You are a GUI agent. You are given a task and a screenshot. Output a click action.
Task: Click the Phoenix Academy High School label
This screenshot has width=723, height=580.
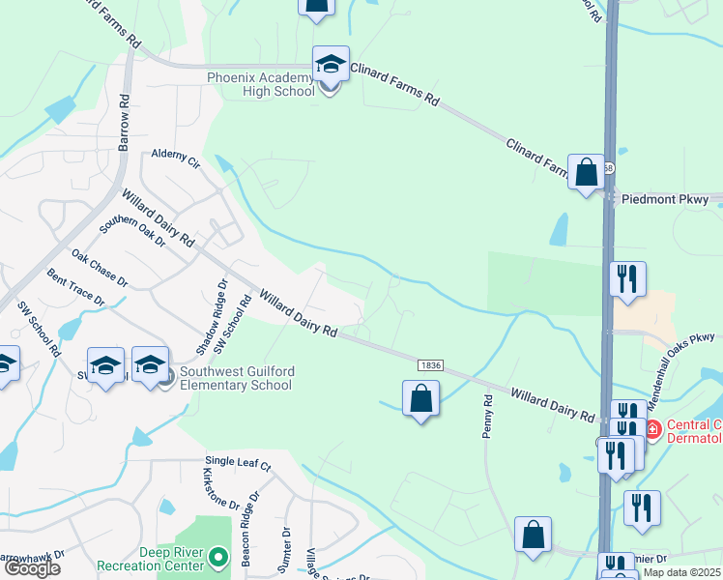tap(261, 84)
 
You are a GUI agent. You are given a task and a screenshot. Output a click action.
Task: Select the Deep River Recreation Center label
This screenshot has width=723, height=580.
tap(153, 558)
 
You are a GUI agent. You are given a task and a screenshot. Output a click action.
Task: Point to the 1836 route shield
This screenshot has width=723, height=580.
tap(431, 364)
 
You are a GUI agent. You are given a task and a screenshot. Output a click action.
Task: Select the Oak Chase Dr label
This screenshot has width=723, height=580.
tap(100, 269)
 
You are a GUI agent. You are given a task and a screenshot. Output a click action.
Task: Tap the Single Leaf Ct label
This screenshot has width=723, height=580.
tap(238, 464)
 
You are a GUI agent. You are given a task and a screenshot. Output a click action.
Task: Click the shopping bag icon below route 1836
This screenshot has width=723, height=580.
tap(420, 399)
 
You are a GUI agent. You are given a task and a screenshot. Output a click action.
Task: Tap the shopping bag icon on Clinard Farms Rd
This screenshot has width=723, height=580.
tap(586, 173)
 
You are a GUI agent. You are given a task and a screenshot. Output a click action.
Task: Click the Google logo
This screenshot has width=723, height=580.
tap(32, 569)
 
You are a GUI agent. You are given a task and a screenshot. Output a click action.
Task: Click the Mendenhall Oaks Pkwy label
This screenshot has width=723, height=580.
tap(688, 337)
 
